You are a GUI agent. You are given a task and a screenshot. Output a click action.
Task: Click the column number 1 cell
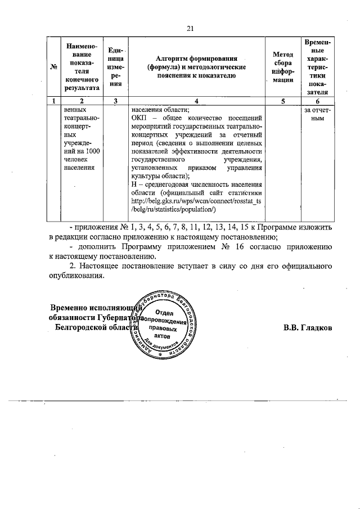point(55,101)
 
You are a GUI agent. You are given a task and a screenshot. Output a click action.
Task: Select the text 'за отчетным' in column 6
point(318,115)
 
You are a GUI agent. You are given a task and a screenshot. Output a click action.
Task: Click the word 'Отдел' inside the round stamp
point(163,312)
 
